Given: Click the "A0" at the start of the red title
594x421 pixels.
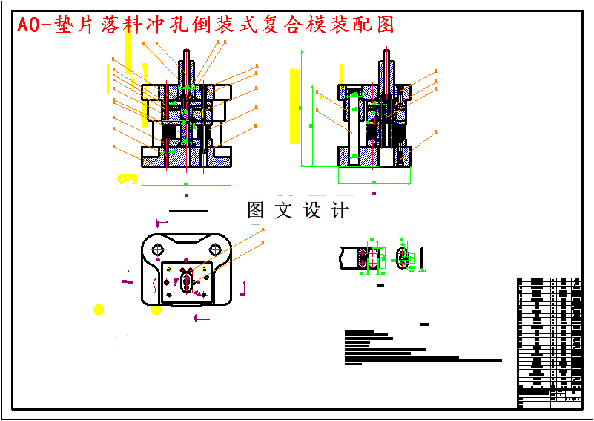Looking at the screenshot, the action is [x=28, y=25].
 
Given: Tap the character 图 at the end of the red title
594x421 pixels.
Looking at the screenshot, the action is [x=384, y=25].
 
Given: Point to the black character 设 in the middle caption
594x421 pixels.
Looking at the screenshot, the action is [x=311, y=210].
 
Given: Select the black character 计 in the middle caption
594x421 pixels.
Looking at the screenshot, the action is [x=339, y=210].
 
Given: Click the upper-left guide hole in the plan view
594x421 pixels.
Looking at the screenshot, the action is [x=157, y=250].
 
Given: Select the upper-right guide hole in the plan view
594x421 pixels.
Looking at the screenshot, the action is [x=215, y=250].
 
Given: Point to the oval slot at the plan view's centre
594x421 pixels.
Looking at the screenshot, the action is [x=185, y=281].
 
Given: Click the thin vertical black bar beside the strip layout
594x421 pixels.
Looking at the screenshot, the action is [x=421, y=258].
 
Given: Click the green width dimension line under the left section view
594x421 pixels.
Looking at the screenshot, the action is [x=186, y=182].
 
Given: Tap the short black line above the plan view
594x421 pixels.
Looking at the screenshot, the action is [x=187, y=212].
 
